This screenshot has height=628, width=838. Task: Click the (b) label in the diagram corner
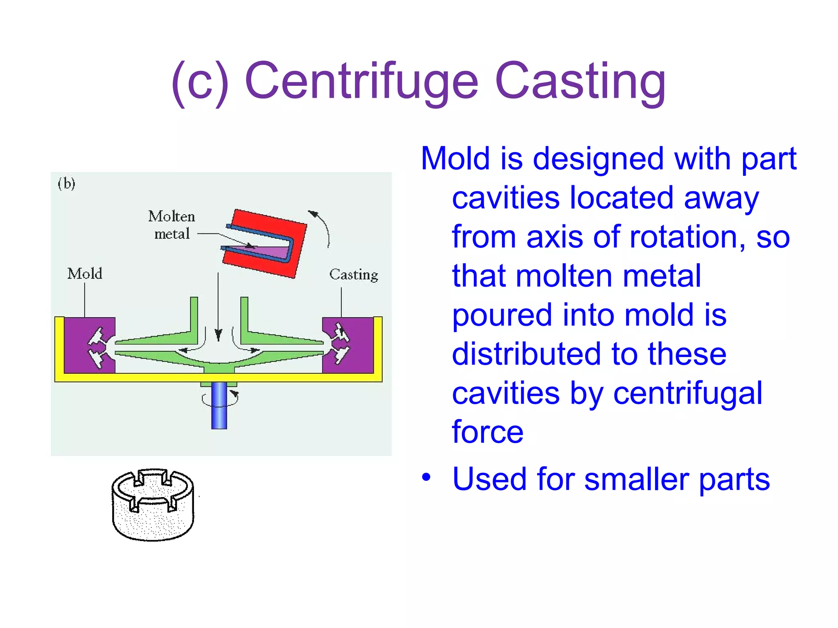[x=66, y=183]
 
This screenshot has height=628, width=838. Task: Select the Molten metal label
[x=172, y=225]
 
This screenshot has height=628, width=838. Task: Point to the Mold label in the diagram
[x=85, y=274]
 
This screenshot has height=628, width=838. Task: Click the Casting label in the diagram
[x=354, y=275]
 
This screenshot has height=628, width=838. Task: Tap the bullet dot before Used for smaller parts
[x=426, y=477]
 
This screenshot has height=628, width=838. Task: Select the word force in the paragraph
[x=487, y=432]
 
